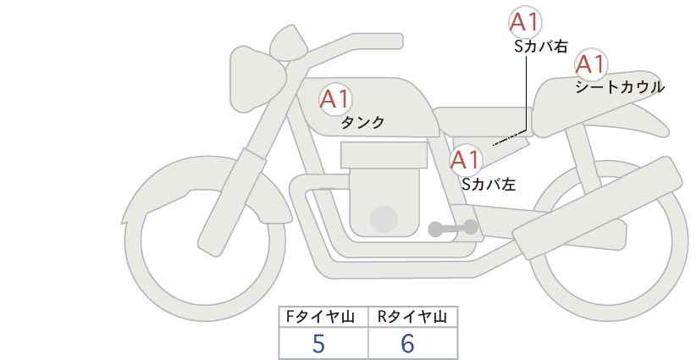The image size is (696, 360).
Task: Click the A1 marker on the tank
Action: tap(335, 99)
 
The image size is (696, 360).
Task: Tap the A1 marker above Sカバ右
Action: tap(525, 22)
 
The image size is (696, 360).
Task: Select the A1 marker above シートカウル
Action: tap(591, 64)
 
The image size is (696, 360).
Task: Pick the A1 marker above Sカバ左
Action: tap(465, 160)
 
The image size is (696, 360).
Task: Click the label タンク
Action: tap(362, 123)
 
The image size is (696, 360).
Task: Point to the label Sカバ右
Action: tap(541, 47)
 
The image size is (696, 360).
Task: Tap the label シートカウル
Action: tap(620, 87)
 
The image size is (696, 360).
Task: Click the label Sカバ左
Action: tap(489, 184)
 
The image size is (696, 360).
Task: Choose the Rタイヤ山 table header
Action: tap(412, 317)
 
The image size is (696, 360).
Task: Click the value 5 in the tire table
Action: tap(318, 344)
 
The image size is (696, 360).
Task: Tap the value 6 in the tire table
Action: tap(407, 344)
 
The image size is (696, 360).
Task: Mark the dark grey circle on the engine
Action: tap(384, 219)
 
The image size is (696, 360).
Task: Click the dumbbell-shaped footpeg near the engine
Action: tap(453, 228)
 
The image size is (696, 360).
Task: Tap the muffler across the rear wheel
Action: tap(598, 208)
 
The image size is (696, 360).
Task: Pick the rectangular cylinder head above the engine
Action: tap(384, 155)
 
